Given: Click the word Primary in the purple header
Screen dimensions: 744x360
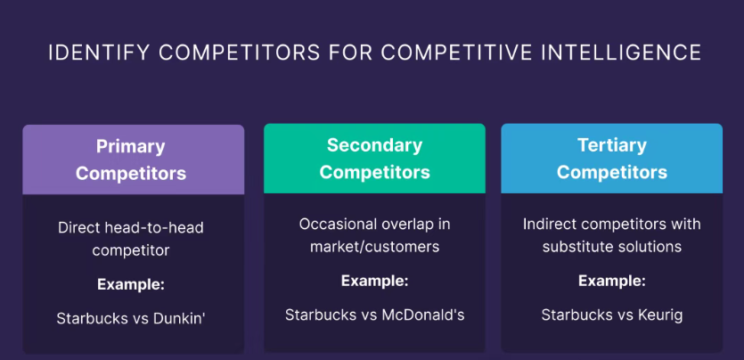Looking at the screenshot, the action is pyautogui.click(x=130, y=147).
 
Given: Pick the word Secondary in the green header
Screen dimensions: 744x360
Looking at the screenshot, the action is pyautogui.click(x=374, y=145).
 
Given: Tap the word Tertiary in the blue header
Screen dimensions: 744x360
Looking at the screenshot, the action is pyautogui.click(x=611, y=145).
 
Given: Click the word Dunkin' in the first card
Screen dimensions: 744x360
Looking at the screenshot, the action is pyautogui.click(x=179, y=318).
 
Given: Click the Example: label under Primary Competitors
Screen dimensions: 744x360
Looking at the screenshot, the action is pyautogui.click(x=131, y=284).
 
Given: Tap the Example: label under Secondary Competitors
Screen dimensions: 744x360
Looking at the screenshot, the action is pyautogui.click(x=374, y=281).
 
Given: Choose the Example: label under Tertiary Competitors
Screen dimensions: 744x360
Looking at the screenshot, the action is pyautogui.click(x=611, y=282).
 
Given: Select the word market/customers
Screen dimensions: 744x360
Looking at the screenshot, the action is pyautogui.click(x=374, y=247).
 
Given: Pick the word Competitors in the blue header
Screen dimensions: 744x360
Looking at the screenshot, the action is pyautogui.click(x=611, y=172).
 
